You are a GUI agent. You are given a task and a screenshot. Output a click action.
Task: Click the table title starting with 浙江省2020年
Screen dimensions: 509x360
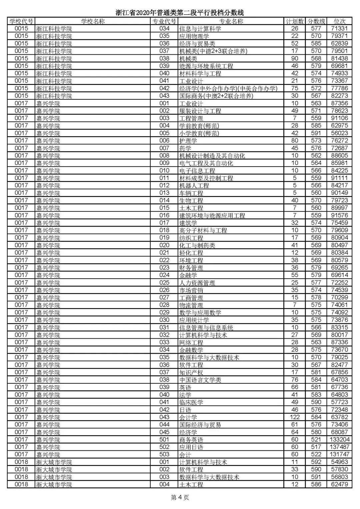click(180, 13)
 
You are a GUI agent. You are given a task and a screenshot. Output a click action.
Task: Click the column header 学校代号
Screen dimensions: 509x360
click(21, 21)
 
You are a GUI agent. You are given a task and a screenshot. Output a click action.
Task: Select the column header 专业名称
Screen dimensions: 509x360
click(231, 21)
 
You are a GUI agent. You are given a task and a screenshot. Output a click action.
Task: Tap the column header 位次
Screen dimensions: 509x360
click(339, 21)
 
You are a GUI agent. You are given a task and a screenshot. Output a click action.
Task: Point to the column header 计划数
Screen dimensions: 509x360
click(295, 21)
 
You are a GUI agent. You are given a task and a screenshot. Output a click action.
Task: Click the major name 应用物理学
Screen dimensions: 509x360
click(194, 36)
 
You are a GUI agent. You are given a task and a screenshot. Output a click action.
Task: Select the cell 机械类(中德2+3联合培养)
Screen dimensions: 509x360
click(213, 51)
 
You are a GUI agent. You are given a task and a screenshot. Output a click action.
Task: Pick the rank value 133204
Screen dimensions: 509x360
click(339, 440)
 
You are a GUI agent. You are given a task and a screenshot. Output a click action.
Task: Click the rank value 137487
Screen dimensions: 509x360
click(339, 447)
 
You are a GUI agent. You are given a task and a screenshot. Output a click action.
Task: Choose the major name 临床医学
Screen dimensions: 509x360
click(191, 402)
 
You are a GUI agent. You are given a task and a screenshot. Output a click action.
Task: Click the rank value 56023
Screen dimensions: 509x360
click(339, 133)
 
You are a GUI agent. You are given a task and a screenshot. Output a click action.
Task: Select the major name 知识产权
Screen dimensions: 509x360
click(191, 372)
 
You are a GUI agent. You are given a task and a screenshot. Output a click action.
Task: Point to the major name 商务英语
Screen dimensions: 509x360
click(191, 440)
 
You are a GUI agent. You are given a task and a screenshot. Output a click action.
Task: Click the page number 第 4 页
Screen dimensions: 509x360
click(180, 498)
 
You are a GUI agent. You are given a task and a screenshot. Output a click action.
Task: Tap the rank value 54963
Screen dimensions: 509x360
click(339, 462)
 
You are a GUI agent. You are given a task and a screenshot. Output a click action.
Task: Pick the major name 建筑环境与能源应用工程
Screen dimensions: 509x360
click(212, 216)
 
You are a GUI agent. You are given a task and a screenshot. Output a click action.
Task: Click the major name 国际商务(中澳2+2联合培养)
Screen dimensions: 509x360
click(216, 96)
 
